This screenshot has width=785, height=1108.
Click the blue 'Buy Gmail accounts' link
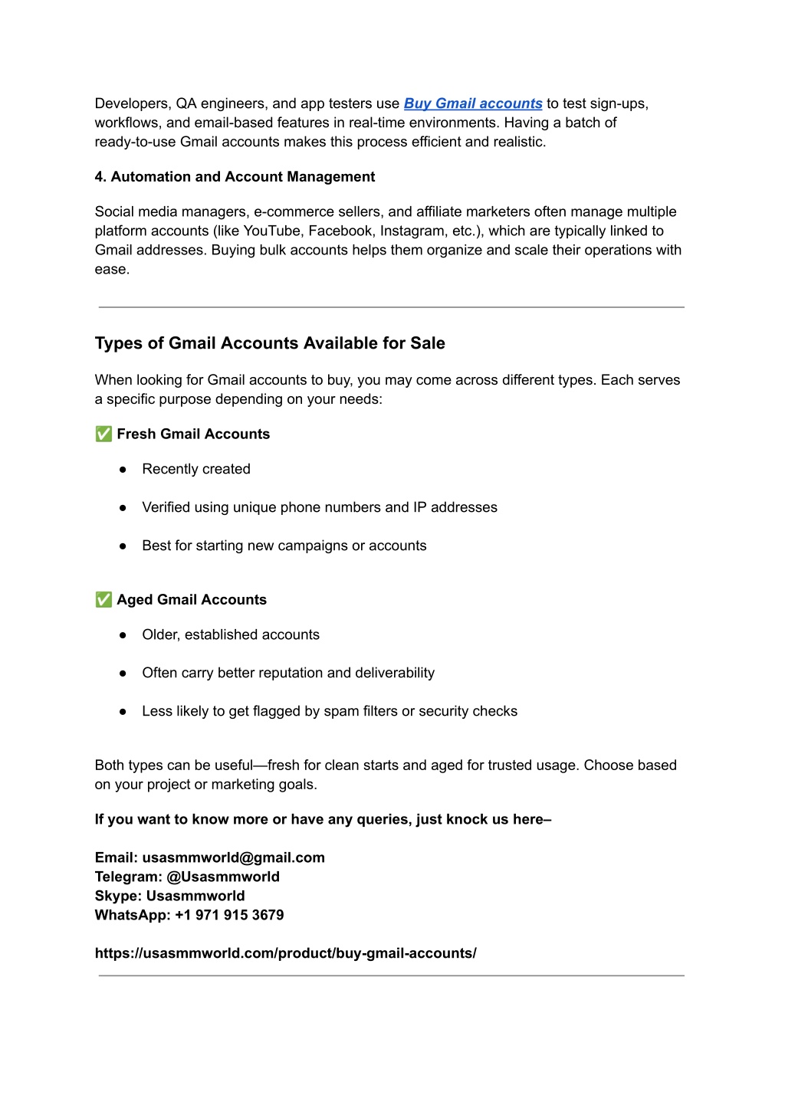click(473, 103)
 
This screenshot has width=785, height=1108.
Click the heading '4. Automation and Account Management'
click(235, 177)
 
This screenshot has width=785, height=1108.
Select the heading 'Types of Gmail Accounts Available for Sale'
click(270, 343)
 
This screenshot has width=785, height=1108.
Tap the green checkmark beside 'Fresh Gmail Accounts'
click(103, 434)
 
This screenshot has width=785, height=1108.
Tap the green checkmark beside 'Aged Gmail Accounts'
click(103, 600)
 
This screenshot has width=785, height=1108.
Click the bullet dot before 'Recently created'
click(123, 470)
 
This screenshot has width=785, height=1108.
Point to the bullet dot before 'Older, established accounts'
click(123, 635)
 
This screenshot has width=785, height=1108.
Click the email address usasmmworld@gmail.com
click(233, 857)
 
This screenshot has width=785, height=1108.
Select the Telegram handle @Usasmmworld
click(223, 877)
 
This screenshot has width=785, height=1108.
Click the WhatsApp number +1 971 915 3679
click(229, 915)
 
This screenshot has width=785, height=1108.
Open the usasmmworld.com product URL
click(285, 953)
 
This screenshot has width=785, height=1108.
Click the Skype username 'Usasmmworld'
click(195, 896)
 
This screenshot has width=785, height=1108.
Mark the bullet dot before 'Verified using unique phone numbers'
click(123, 508)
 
